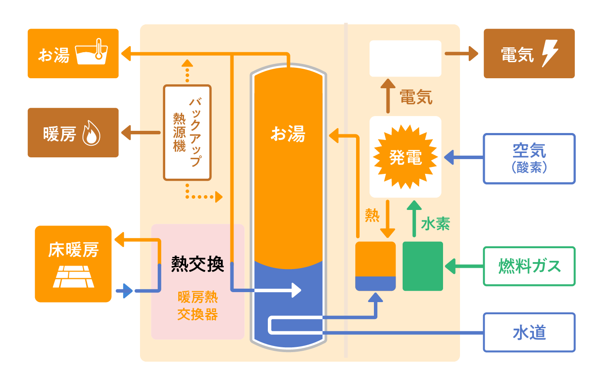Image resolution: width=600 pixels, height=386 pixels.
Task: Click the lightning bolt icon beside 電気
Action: pos(550,53)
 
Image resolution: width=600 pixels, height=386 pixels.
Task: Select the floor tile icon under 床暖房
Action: pos(73,277)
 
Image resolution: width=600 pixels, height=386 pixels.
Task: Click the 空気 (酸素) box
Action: pos(529,159)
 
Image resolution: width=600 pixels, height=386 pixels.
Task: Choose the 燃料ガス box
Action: pos(529,266)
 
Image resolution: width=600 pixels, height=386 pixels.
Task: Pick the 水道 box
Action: pos(529,332)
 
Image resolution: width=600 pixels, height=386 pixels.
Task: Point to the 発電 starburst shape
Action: pos(405,157)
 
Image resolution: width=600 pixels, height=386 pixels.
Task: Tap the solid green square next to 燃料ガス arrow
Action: pos(423,266)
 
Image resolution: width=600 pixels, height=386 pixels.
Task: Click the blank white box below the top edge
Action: pos(405,59)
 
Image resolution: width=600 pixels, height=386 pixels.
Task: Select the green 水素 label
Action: pos(435,224)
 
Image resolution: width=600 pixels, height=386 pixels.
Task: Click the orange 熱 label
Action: pos(372,215)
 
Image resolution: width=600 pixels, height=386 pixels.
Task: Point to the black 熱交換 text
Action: pos(197,264)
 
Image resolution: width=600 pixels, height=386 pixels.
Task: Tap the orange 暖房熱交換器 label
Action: pos(197,306)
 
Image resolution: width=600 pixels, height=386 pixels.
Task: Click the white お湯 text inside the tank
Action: pos(288,134)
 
